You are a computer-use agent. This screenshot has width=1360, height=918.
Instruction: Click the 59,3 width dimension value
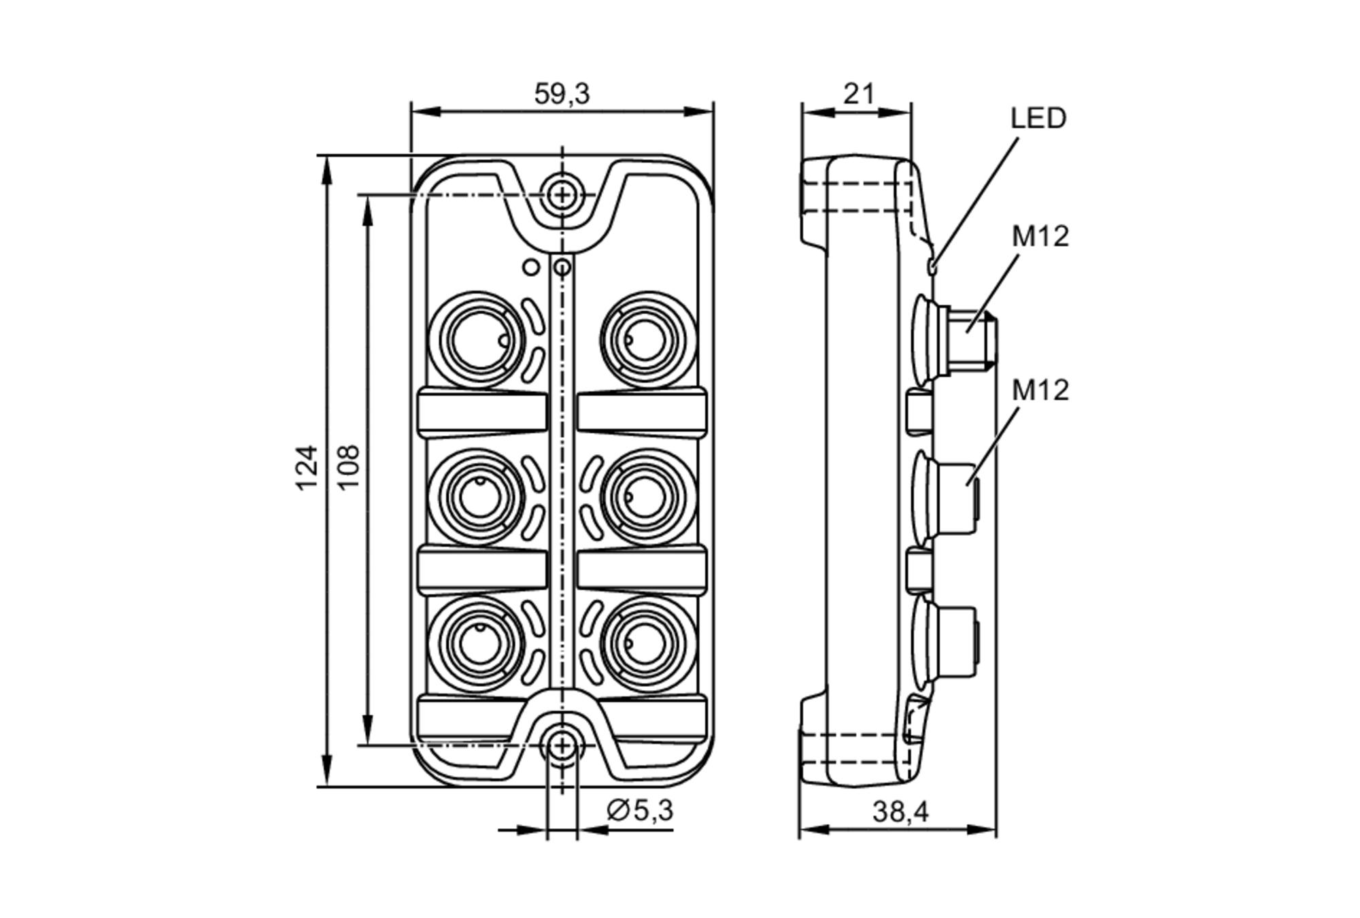pyautogui.click(x=562, y=94)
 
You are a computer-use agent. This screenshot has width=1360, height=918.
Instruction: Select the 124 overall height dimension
pyautogui.click(x=307, y=467)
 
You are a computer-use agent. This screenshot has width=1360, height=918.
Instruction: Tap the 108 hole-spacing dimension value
pyautogui.click(x=348, y=467)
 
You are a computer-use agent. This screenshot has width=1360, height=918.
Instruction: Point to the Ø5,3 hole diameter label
pyautogui.click(x=639, y=810)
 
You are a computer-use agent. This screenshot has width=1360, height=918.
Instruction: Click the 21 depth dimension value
pyautogui.click(x=858, y=94)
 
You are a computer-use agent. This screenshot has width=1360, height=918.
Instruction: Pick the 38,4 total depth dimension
pyautogui.click(x=900, y=811)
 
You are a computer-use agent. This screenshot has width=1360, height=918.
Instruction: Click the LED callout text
pyautogui.click(x=1038, y=118)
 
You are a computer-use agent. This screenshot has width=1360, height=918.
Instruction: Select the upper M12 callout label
pyautogui.click(x=1040, y=236)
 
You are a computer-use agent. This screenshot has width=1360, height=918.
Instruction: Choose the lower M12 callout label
pyautogui.click(x=1040, y=390)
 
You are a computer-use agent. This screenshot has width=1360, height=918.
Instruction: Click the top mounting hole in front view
pyautogui.click(x=562, y=196)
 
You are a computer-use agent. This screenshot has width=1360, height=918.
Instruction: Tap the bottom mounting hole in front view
pyautogui.click(x=562, y=746)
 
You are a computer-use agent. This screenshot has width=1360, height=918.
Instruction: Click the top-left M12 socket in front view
pyautogui.click(x=477, y=340)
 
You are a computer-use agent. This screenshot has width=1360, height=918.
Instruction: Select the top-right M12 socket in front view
pyautogui.click(x=647, y=340)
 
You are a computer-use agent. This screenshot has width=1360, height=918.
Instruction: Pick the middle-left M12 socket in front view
pyautogui.click(x=477, y=496)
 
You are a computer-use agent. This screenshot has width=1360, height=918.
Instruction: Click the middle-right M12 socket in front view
pyautogui.click(x=647, y=496)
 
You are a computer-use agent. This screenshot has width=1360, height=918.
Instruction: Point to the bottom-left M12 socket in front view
pyautogui.click(x=477, y=644)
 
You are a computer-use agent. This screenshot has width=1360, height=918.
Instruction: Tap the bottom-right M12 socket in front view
pyautogui.click(x=647, y=644)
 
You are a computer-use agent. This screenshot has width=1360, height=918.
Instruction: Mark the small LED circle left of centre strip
pyautogui.click(x=531, y=267)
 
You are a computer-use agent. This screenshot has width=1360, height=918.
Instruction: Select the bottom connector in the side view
pyautogui.click(x=949, y=643)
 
